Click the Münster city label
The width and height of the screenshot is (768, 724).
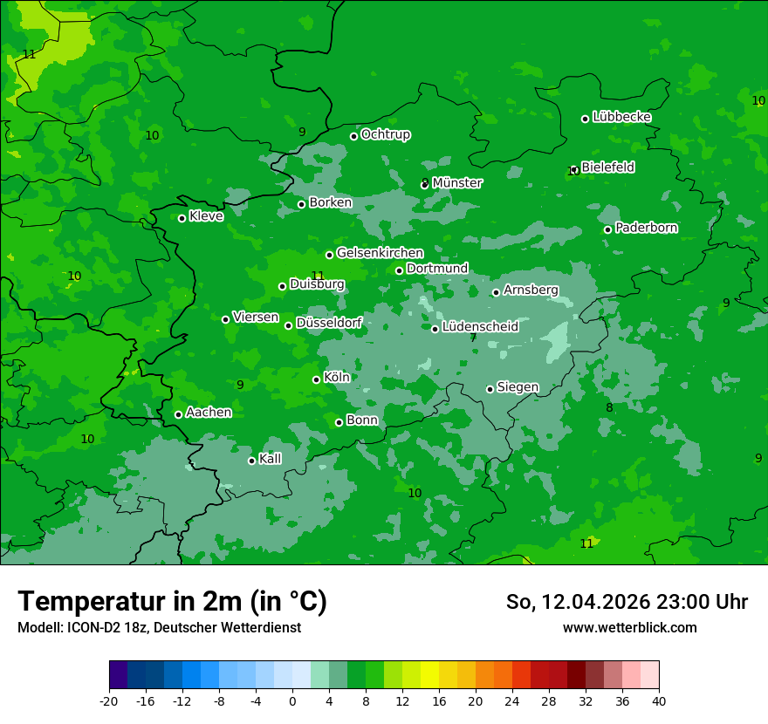click(x=457, y=183)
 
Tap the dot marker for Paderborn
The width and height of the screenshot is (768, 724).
click(x=608, y=229)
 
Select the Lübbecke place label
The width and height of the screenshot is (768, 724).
click(x=622, y=117)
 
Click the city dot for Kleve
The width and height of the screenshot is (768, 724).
click(x=182, y=218)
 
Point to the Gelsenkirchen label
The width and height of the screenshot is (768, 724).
click(x=380, y=253)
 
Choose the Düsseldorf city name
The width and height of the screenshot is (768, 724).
click(x=329, y=324)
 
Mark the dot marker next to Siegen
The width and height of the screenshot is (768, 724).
click(x=490, y=389)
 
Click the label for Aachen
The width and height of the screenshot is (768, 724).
click(x=209, y=413)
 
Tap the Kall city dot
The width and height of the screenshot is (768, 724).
click(x=251, y=461)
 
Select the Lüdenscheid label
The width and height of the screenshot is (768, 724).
click(x=480, y=327)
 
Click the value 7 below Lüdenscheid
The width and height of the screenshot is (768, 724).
click(x=473, y=338)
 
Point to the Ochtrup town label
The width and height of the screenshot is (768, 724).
click(x=386, y=135)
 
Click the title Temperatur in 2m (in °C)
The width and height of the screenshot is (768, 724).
click(x=172, y=602)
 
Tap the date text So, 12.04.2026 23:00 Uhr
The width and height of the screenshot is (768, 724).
click(x=627, y=602)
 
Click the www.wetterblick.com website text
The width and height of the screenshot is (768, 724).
click(x=629, y=628)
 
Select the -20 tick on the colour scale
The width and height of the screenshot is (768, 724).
click(x=109, y=700)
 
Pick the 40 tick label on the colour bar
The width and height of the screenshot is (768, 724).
click(x=659, y=700)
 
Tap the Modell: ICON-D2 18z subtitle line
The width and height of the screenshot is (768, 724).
click(x=159, y=628)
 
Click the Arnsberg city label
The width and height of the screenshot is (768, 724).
click(x=531, y=290)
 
